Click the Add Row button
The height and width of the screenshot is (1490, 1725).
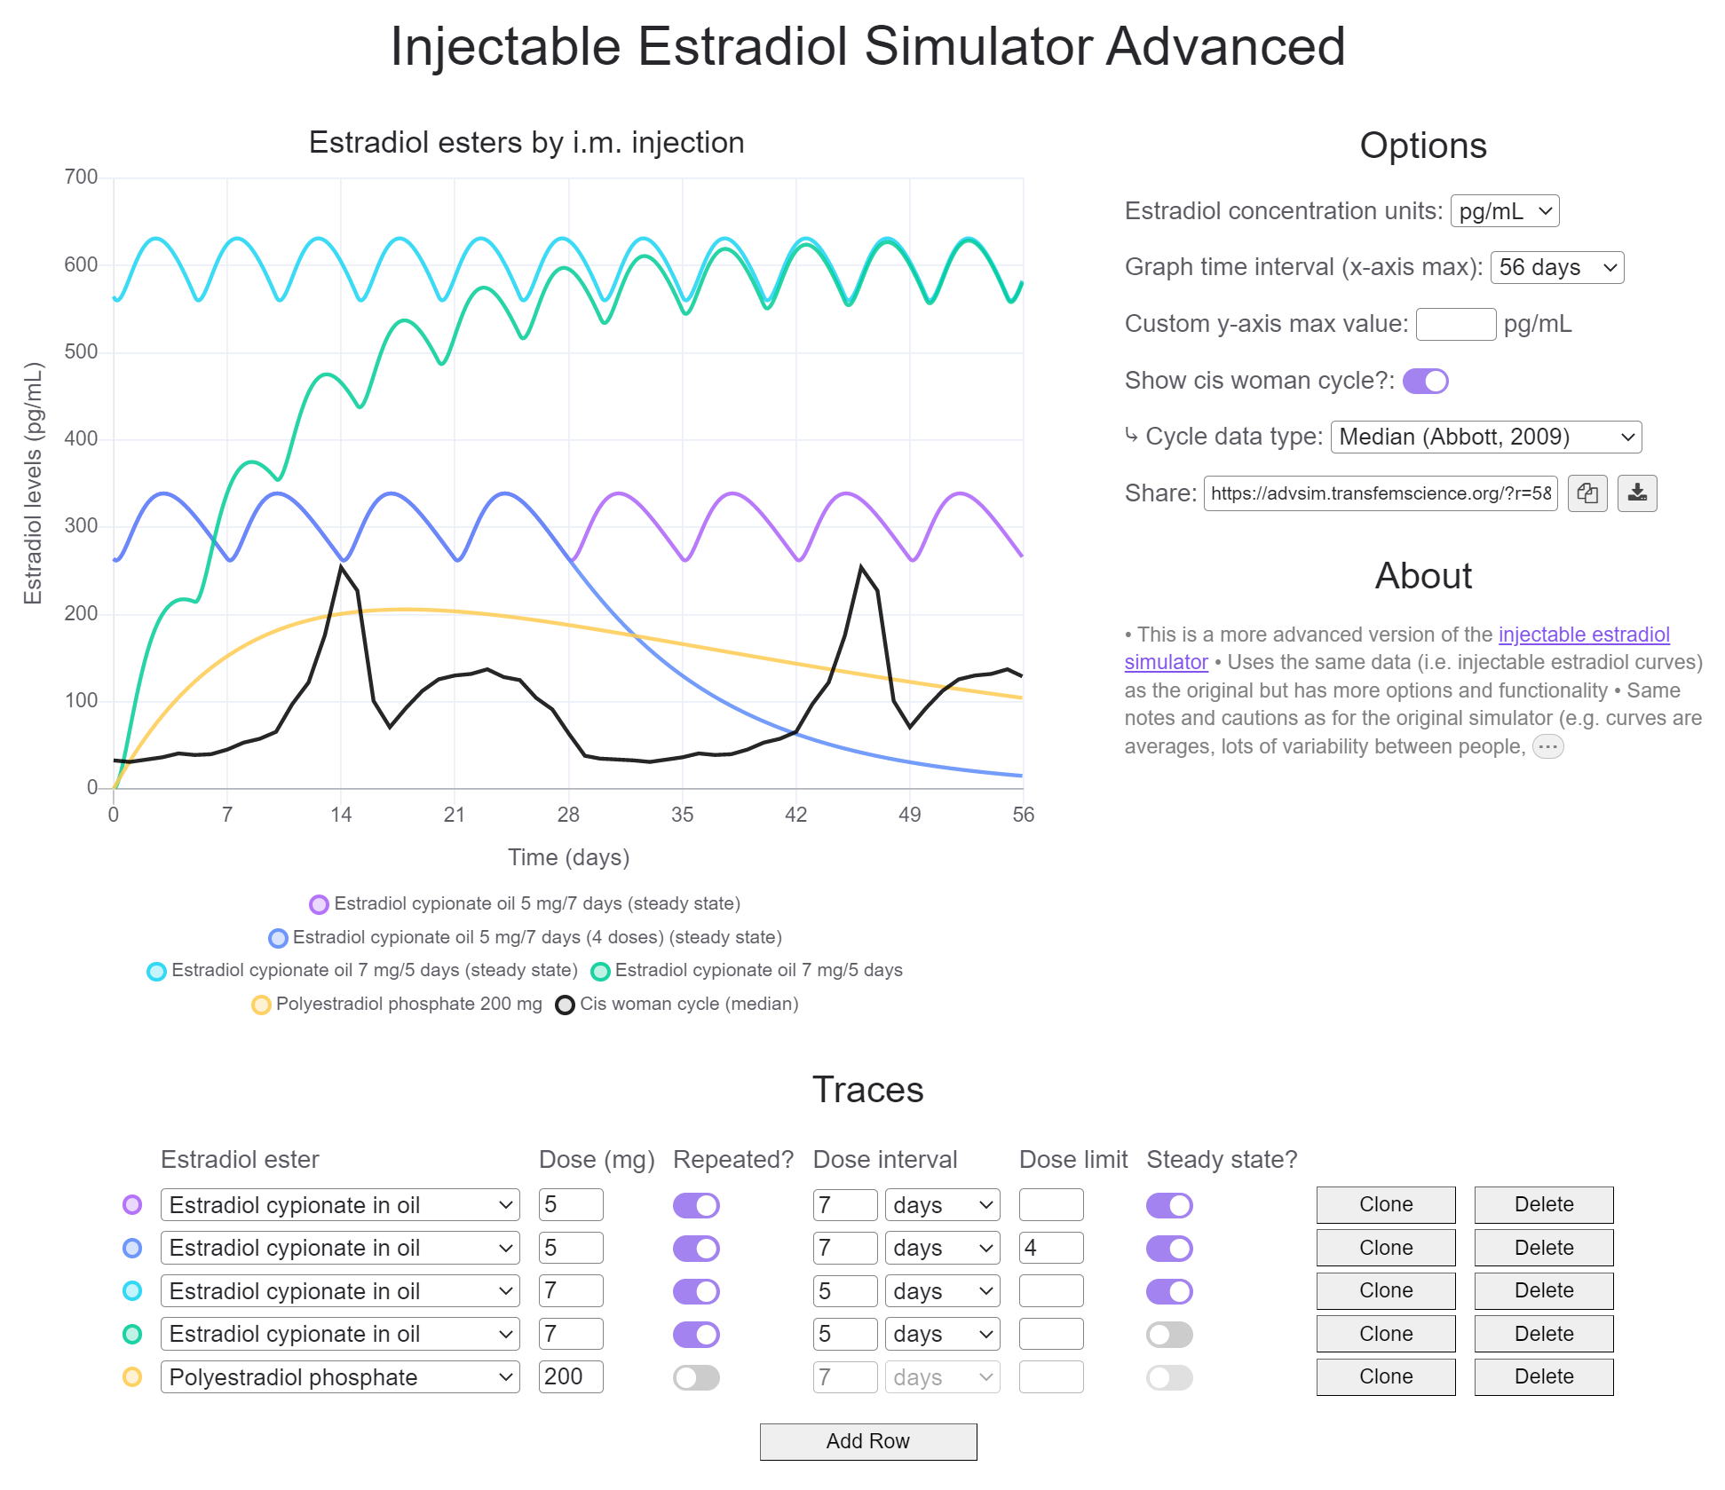[867, 1441]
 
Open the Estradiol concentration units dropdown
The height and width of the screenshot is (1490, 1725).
[1504, 211]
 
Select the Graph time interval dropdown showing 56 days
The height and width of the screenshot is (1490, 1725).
[1556, 267]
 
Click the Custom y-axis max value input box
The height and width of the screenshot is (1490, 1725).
[1455, 324]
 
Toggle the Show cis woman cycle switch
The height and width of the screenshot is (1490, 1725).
[1425, 381]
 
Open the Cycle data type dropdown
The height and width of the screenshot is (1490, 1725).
[1485, 437]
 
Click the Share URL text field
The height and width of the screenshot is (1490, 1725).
[1380, 493]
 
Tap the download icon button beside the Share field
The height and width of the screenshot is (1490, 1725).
[1636, 493]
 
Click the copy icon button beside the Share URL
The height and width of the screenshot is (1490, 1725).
[1587, 493]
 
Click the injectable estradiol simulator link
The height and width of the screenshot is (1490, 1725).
[1583, 635]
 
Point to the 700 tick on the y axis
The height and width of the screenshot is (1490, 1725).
[81, 177]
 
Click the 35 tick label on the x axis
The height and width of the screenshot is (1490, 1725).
[682, 815]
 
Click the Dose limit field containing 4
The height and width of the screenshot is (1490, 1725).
[1050, 1248]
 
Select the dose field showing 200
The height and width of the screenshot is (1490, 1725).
[570, 1376]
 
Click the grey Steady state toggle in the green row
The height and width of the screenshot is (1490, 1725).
[1168, 1334]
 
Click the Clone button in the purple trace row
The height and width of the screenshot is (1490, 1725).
[1385, 1204]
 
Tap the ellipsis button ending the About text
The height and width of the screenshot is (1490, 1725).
[1547, 746]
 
